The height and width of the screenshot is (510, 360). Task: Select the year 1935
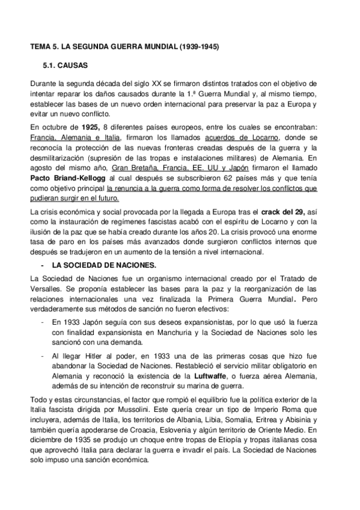tap(81, 440)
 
